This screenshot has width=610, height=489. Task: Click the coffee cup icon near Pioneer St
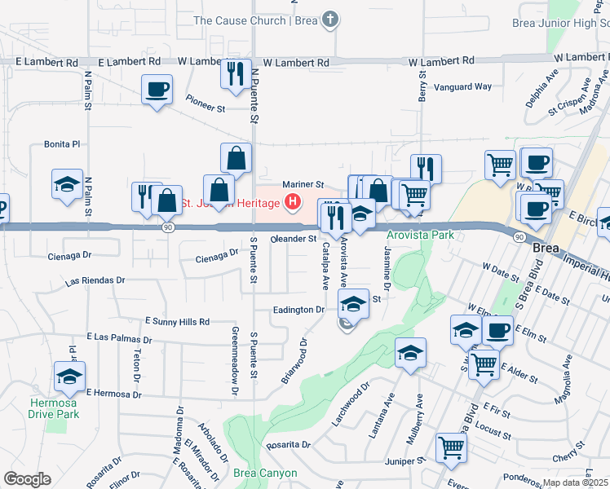(x=156, y=90)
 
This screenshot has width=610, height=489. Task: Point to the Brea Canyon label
(x=264, y=473)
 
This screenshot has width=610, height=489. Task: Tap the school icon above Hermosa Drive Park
(x=69, y=377)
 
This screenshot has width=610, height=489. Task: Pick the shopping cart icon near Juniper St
(x=451, y=447)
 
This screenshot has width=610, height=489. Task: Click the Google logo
(x=27, y=479)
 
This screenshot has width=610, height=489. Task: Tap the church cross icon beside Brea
(x=329, y=20)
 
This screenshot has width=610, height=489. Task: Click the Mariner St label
(x=303, y=185)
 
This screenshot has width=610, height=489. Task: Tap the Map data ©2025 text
(x=575, y=482)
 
